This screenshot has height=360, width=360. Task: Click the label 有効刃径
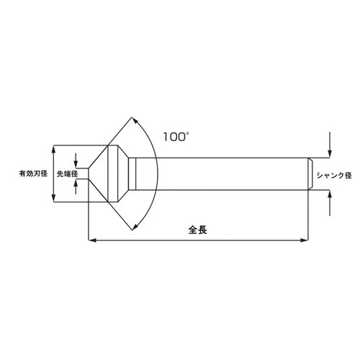point(32,174)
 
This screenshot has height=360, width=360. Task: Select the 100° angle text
point(176,135)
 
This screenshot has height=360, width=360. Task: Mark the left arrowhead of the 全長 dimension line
point(90,239)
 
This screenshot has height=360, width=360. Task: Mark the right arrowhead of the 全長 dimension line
point(306,239)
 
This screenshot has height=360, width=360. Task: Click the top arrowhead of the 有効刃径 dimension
point(54,147)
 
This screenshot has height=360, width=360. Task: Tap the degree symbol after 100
point(190,130)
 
